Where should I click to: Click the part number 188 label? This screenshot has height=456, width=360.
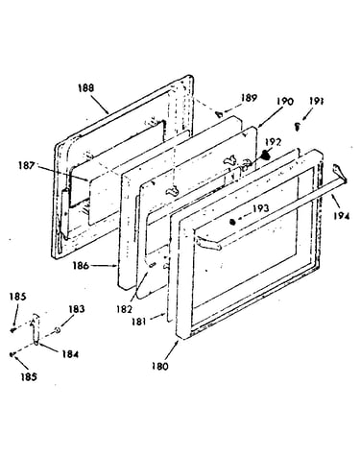86,88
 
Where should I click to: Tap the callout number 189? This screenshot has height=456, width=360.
249,98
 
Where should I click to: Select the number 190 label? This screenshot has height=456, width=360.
285,102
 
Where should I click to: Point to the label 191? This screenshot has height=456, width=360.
316,101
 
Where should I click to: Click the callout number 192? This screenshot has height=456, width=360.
273,142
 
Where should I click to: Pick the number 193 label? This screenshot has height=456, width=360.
261,208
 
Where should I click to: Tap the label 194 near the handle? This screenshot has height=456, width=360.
341,216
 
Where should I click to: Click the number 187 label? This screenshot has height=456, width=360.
26,166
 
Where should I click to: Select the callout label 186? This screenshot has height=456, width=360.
81,265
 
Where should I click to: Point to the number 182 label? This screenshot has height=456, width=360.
124,309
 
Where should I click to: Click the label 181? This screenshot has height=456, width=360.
138,321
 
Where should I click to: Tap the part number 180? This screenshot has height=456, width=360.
160,366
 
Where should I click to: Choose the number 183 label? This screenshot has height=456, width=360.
77,309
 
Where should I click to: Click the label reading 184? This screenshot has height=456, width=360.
70,354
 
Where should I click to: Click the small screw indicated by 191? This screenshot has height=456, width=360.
298,127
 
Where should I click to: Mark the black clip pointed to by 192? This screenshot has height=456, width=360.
265,156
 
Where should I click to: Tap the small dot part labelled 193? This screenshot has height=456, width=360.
233,221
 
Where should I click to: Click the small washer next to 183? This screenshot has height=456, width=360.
58,330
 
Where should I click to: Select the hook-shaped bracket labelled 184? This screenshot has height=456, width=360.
36,329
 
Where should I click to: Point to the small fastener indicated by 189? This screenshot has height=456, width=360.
220,113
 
